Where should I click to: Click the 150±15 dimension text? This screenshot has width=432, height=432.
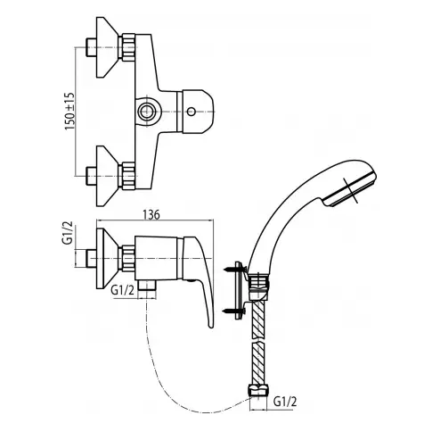pos(70,112)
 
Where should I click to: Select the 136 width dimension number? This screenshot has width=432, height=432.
pos(151,215)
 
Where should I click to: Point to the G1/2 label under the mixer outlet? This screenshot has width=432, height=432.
pos(123,290)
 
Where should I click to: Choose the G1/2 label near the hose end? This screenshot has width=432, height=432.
pos(285,402)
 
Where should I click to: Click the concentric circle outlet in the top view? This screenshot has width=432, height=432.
pos(147,112)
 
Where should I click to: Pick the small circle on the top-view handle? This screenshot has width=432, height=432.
pos(191,112)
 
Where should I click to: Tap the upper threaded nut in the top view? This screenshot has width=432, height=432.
pos(126,47)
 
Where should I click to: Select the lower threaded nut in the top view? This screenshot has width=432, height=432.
pos(126,176)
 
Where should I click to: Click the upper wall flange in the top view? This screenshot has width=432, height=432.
pos(108,47)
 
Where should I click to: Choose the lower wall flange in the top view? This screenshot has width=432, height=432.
pos(108,176)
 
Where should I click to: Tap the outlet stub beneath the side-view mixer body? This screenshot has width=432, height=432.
pos(147,286)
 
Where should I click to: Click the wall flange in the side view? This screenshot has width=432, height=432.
pos(108,259)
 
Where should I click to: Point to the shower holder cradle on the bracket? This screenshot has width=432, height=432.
pos(257,285)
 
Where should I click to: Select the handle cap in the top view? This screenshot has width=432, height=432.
pos(195,111)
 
